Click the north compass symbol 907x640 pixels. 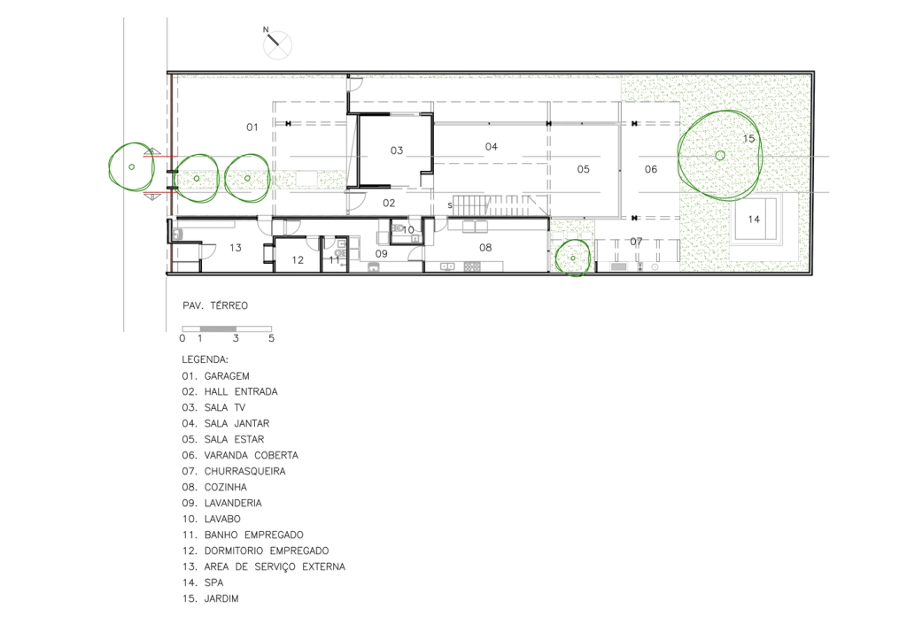point(277,44)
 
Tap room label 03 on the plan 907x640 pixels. point(396,150)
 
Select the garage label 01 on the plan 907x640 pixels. point(252,127)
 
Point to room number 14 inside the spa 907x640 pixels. point(754,220)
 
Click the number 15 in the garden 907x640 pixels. point(748,139)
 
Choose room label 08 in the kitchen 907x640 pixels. point(485,248)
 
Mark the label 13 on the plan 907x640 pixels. point(235,248)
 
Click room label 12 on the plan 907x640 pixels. point(298,260)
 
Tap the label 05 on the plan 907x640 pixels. point(583,169)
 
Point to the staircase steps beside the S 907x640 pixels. point(500,205)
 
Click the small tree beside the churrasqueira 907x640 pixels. point(573,258)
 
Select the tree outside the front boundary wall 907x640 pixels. point(132,166)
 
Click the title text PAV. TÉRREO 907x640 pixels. point(215,305)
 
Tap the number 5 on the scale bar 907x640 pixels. point(271,338)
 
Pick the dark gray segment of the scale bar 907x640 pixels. point(218,329)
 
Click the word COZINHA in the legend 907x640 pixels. point(226,487)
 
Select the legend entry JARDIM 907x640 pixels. point(221,598)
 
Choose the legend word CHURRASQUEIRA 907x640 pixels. point(244,471)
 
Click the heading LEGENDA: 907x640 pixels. point(205,359)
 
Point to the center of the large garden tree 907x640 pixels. point(720,156)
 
